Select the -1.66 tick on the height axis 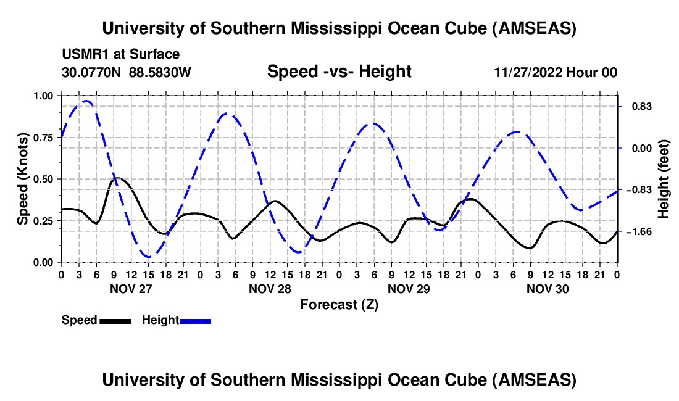pos(638,231)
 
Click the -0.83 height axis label pos(638,189)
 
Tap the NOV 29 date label pos(408,288)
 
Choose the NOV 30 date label pos(547,288)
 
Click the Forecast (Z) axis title pos(339,304)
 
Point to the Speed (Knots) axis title pos(23,179)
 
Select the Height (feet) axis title pos(664,179)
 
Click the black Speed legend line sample pos(114,320)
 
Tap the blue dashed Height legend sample pos(195,320)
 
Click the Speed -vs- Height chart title pos(339,72)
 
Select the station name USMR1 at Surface pos(121,54)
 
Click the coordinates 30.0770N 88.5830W pos(127,72)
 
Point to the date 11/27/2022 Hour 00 pos(556,72)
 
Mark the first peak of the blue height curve pos(86,101)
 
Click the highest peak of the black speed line pos(117,178)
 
